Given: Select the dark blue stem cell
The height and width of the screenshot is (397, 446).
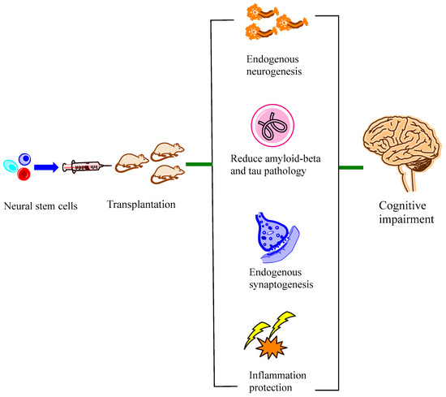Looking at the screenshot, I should pyautogui.click(x=25, y=159).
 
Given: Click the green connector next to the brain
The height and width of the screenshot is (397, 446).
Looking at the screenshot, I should pyautogui.click(x=351, y=168).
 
